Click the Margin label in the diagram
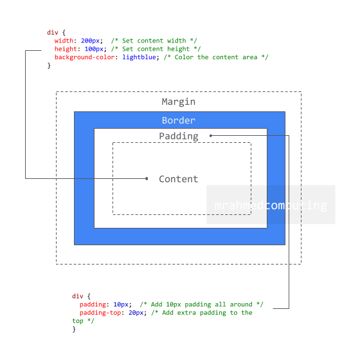click(x=178, y=102)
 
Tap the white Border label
click(x=179, y=120)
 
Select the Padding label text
click(x=179, y=136)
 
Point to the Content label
click(x=179, y=179)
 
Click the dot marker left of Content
click(x=147, y=178)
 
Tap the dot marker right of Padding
click(x=211, y=136)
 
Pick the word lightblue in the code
click(x=139, y=57)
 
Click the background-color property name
click(x=85, y=57)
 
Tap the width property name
click(x=64, y=41)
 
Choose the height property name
click(x=66, y=49)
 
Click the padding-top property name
click(x=100, y=313)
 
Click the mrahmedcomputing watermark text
click(x=271, y=205)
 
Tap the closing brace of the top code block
click(x=49, y=66)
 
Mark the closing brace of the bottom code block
click(x=74, y=329)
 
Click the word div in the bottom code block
click(x=77, y=296)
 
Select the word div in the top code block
click(x=53, y=32)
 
